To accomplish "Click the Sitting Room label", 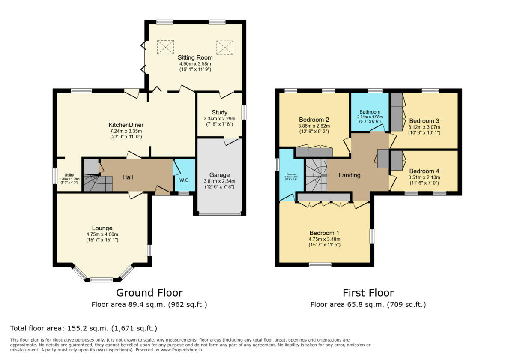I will [x=195, y=57].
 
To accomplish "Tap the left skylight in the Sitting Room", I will [x=165, y=47].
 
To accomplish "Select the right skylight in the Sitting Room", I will [x=224, y=47].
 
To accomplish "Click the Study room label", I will [x=219, y=112].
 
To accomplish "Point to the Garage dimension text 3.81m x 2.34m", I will [x=219, y=181].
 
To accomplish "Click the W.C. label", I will [x=185, y=180].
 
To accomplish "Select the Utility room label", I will [x=69, y=175].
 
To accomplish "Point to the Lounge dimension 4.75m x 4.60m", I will [x=102, y=234].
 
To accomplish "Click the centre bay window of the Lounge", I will [x=102, y=280].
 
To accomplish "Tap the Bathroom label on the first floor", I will [x=370, y=112].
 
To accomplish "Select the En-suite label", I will [x=291, y=174].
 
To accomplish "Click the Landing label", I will [x=350, y=175].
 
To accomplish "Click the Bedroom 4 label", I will [x=424, y=170].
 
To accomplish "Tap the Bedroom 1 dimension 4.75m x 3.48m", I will [x=325, y=239].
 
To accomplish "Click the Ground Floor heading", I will [x=149, y=293].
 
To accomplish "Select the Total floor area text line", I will [x=84, y=328].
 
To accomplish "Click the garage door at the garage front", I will [x=219, y=213].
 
